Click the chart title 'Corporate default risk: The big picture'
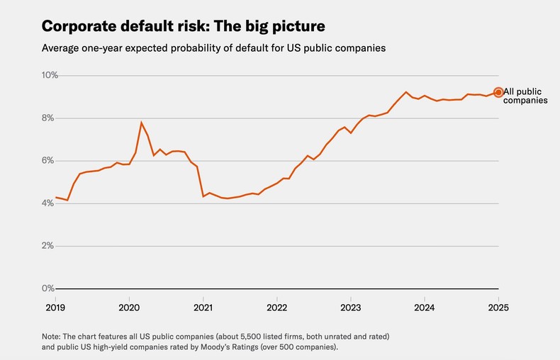click(x=184, y=26)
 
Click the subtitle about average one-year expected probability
click(x=213, y=48)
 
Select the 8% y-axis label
click(x=49, y=118)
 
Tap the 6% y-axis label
click(x=49, y=160)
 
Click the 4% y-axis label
click(x=49, y=203)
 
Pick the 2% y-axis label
click(x=49, y=246)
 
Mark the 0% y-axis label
click(x=49, y=288)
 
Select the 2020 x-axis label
click(x=128, y=308)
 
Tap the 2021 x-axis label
click(x=203, y=308)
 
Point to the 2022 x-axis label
click(x=276, y=308)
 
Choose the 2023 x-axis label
click(x=350, y=308)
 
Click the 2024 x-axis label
click(x=424, y=308)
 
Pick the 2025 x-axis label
click(x=498, y=308)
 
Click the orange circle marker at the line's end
click(x=498, y=92)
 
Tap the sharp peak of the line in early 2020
click(x=141, y=123)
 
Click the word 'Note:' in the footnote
click(x=52, y=335)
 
